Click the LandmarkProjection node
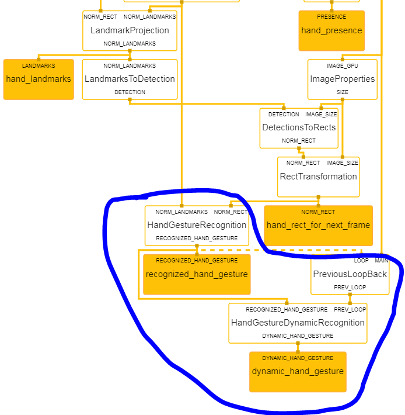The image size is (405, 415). coord(130,30)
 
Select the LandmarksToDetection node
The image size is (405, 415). coord(130,79)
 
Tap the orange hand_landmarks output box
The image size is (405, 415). coord(39,79)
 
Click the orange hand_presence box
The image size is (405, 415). coord(331,30)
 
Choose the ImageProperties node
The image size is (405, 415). coord(343,79)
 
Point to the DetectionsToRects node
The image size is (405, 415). coord(299,127)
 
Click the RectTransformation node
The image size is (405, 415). coord(318,177)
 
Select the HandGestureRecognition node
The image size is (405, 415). coord(197,225)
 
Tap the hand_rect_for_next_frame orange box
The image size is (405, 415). coord(318,225)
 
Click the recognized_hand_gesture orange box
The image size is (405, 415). coord(197,274)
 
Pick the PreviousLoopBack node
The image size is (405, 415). coord(350,274)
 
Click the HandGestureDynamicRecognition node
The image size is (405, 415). coord(298,323)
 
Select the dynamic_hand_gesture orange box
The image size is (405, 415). coord(298,371)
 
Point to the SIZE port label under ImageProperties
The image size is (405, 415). coord(343,92)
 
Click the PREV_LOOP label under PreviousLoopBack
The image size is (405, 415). coord(350,288)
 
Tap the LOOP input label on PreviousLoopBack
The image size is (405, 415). coord(361,261)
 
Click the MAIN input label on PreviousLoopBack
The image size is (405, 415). coord(381,261)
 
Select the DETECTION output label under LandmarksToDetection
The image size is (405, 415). coord(130,92)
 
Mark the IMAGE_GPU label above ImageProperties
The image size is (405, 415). coord(343,66)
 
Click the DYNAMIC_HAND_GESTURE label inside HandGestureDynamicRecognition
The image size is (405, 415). coord(298,336)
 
